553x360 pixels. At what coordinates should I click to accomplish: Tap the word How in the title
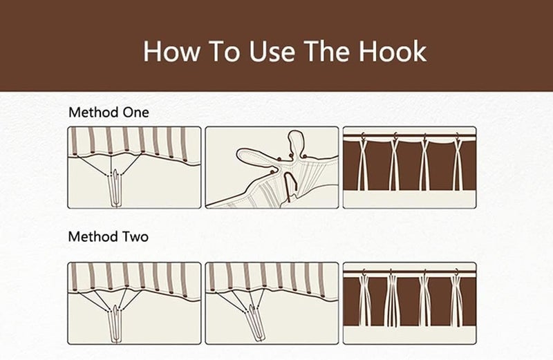[171, 52]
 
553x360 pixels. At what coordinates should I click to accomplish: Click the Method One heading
[109, 113]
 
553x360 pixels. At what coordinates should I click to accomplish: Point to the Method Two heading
[109, 236]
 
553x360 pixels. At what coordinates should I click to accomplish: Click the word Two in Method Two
[135, 236]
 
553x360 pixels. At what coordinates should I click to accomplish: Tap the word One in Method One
[135, 113]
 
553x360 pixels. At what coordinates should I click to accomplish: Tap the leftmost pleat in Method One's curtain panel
[362, 164]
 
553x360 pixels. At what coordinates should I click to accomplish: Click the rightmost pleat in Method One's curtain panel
[458, 164]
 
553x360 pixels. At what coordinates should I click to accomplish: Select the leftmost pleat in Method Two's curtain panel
[365, 301]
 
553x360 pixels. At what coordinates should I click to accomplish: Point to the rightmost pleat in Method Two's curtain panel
[457, 301]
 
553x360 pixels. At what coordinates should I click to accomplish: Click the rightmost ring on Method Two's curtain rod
[457, 272]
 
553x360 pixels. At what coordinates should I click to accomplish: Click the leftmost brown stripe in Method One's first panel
[74, 141]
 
